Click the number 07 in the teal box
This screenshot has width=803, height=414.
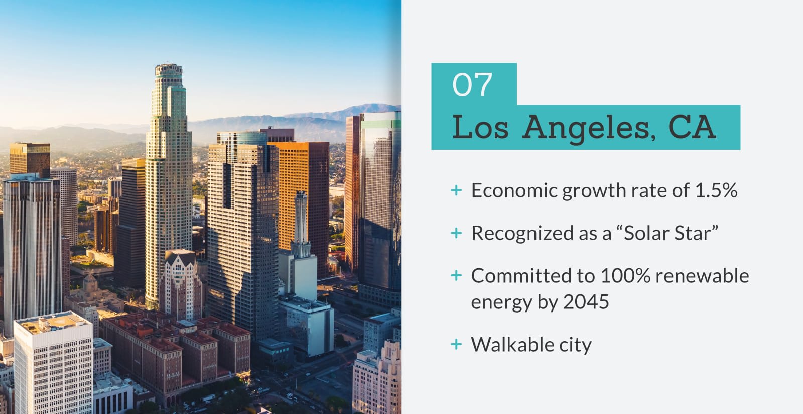coord(472,85)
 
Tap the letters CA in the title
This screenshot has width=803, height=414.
coord(692,127)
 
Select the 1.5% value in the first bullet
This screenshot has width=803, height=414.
coord(716,190)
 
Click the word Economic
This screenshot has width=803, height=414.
coord(514,190)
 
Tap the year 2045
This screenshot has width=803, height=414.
coord(586,302)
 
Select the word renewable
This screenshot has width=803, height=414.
coord(702,276)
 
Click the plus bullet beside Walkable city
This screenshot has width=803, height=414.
coord(456,344)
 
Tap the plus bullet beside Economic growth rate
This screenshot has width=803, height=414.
coord(456,190)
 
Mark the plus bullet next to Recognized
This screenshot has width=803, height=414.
coord(456,233)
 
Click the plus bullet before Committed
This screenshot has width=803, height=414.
coord(456,276)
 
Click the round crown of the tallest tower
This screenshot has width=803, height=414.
coord(169,70)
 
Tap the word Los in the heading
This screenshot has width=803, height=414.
coord(480,127)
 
